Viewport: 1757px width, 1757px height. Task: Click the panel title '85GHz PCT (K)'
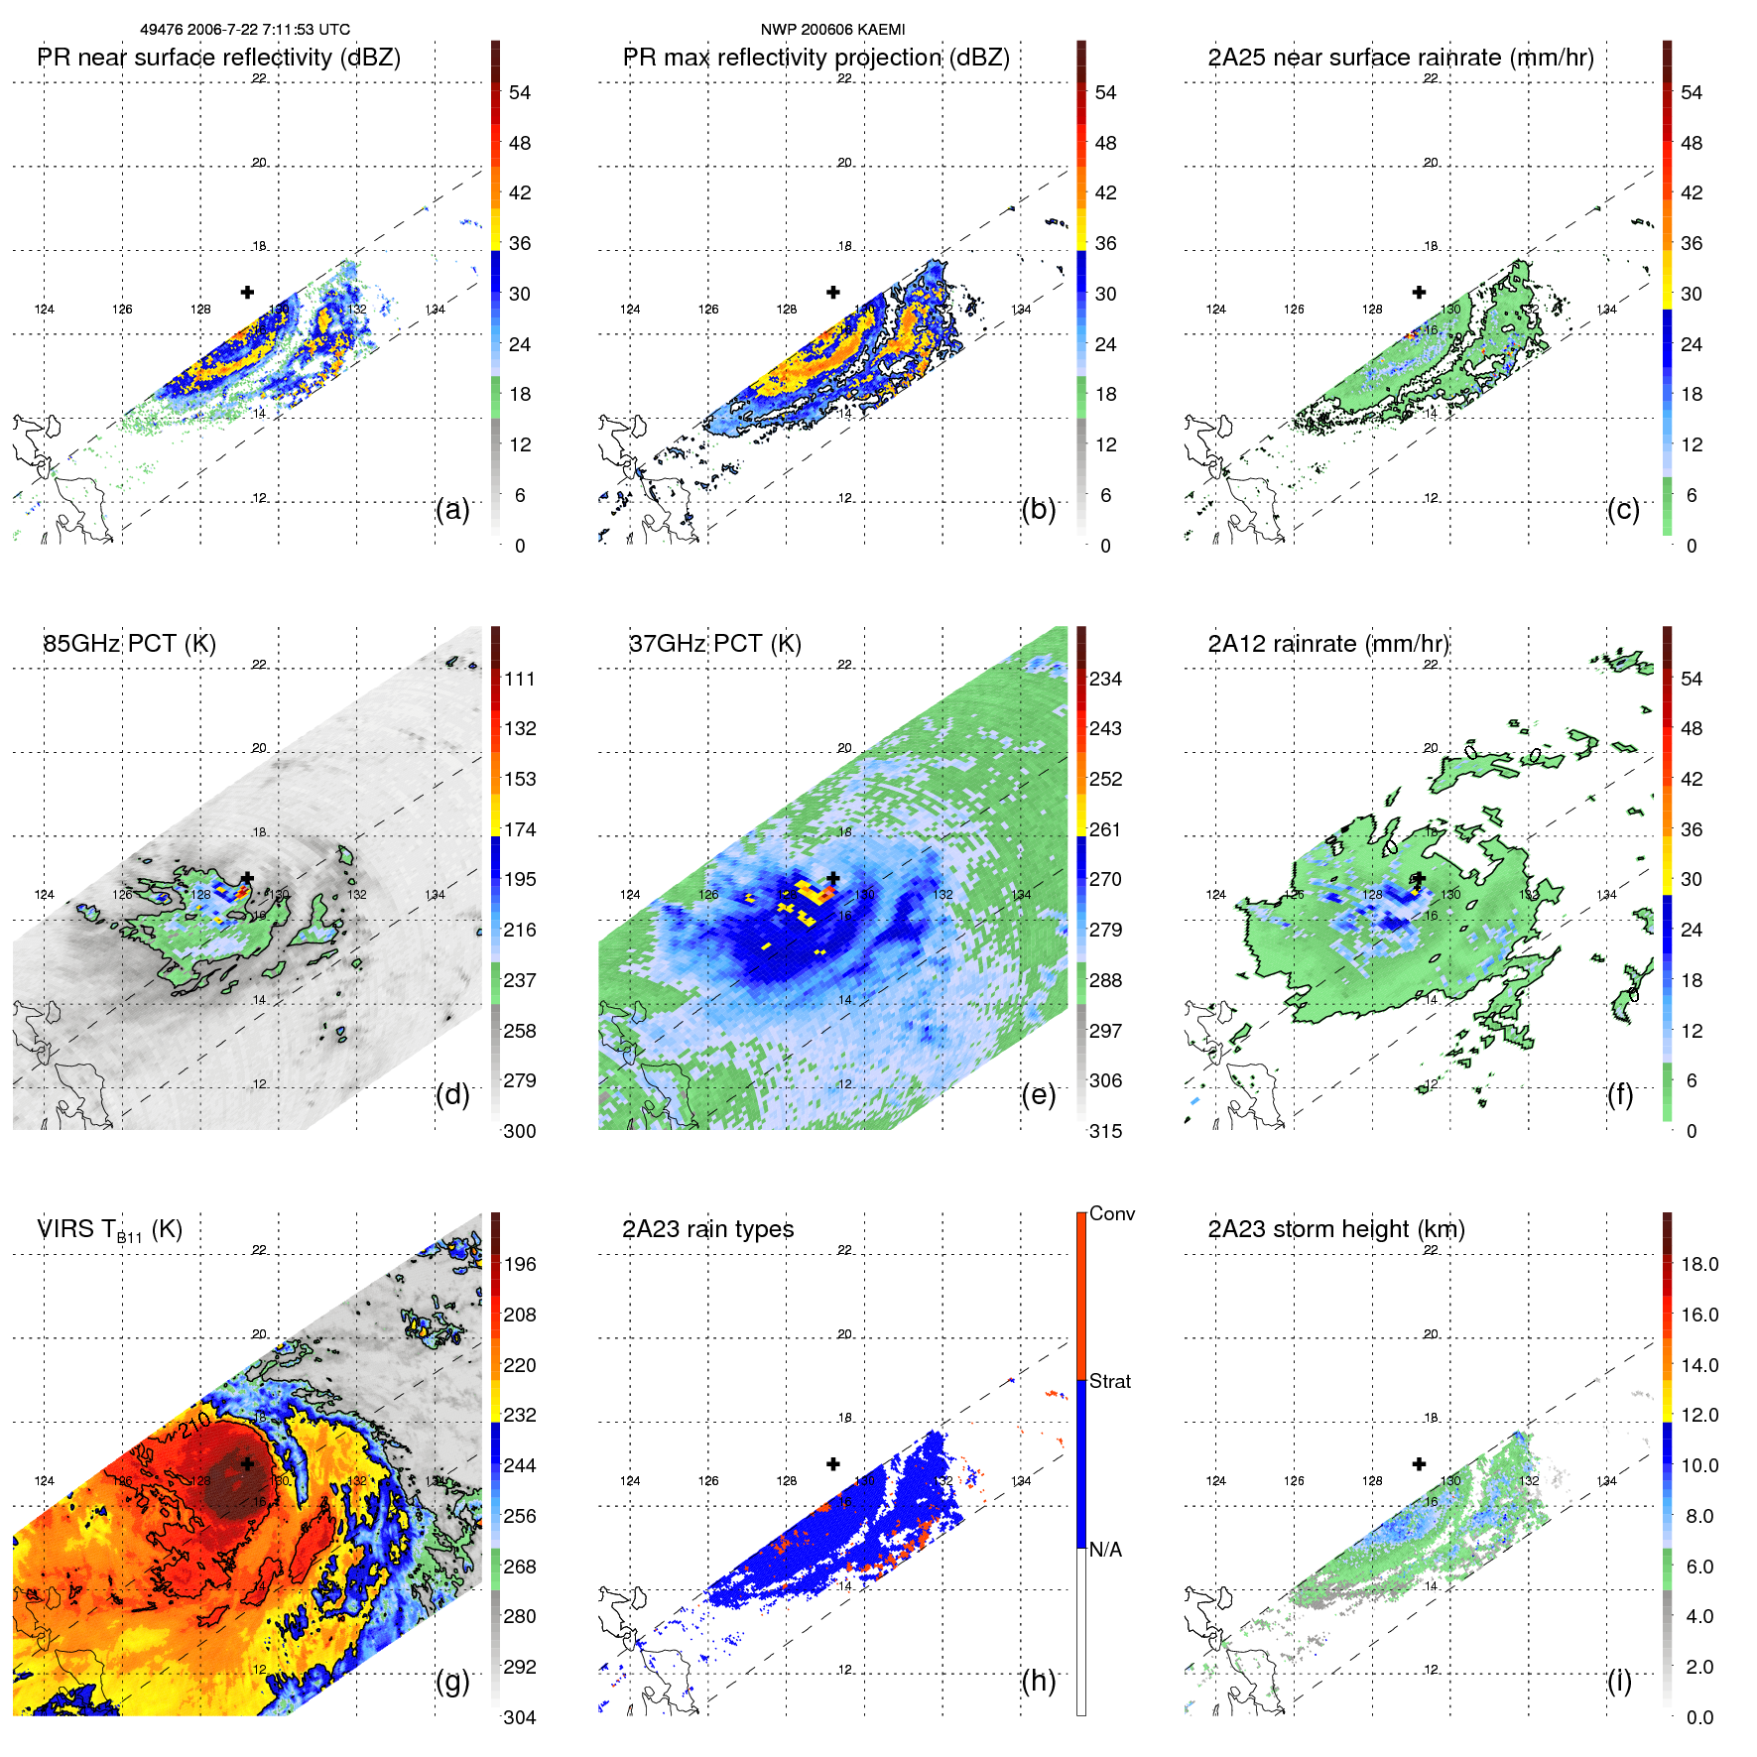[129, 643]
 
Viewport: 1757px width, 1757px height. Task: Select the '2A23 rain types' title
[707, 1229]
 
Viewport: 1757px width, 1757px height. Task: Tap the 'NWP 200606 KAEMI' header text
[832, 30]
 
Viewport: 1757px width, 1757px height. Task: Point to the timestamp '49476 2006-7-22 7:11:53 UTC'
[245, 30]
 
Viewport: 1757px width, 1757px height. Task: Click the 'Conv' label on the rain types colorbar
[1111, 1213]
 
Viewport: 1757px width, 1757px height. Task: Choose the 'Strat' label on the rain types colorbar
[1109, 1381]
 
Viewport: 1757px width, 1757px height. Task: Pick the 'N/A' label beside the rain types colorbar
[1105, 1550]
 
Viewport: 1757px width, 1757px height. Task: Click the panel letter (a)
[452, 509]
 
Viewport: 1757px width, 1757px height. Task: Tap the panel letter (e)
[1038, 1094]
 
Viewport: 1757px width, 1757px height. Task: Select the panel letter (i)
[1619, 1681]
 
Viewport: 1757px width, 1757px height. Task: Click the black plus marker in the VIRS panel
[247, 1463]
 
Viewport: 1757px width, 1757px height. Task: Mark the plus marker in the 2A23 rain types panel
[833, 1463]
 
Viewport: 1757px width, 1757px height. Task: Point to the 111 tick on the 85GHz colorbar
[519, 679]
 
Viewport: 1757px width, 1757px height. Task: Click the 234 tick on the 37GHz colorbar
[1105, 679]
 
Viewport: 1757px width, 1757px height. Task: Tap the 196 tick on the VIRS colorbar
[519, 1264]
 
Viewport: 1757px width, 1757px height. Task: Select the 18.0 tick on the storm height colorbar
[1698, 1264]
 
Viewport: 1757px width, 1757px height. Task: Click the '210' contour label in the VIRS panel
[195, 1426]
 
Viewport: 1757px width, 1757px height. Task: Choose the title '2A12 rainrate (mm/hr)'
[1328, 643]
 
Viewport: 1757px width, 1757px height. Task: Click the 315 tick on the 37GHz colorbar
[1105, 1131]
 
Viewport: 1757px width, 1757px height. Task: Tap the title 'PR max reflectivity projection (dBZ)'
[816, 58]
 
